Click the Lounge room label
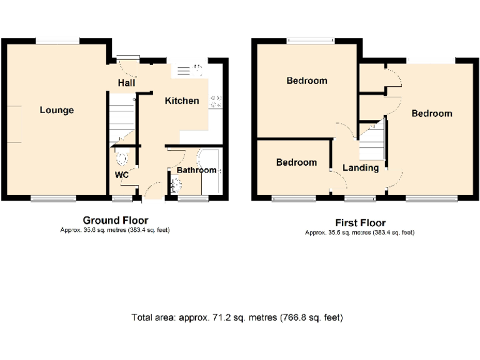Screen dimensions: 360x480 coord(56,111)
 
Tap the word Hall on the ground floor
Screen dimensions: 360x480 coord(127,83)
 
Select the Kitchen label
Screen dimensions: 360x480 coord(182,101)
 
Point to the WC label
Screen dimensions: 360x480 coord(121,175)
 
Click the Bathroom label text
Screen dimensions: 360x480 coord(196,170)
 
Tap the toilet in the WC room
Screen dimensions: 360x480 coord(121,157)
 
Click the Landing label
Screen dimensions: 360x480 coord(361,167)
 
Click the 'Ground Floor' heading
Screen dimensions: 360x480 coord(116,220)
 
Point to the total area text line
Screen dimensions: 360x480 coord(237,317)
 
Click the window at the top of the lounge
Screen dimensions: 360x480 coord(57,41)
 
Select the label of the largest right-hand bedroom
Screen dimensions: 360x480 coord(431,114)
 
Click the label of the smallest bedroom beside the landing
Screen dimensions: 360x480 coord(296,162)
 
